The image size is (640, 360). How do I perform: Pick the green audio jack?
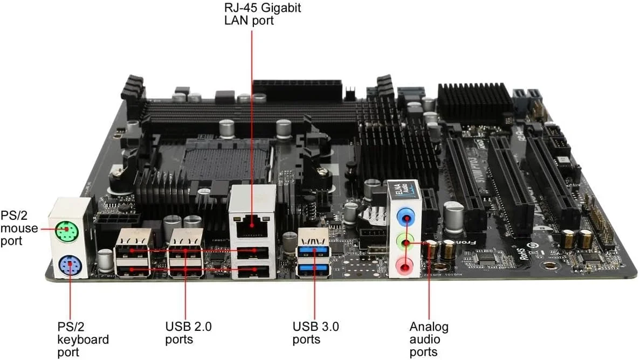(x=405, y=242)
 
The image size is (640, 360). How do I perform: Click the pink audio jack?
(x=405, y=265)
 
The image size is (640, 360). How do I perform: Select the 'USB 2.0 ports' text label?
(x=188, y=333)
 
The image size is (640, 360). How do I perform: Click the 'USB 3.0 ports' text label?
(x=316, y=333)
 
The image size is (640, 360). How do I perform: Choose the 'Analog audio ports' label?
(x=429, y=340)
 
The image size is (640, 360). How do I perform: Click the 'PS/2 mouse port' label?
(x=19, y=228)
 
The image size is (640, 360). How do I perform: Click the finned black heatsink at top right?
(x=474, y=102)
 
